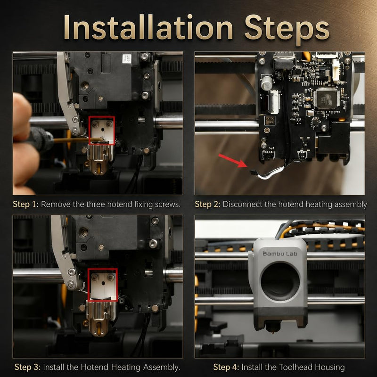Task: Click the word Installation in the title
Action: [148, 27]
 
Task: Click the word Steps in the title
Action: [287, 29]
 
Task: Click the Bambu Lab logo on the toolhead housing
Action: [280, 254]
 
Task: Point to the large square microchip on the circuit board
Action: [327, 98]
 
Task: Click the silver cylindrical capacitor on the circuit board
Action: [267, 82]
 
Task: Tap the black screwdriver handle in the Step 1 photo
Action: [41, 139]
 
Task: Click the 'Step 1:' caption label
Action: [25, 204]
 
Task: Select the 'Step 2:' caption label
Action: [207, 204]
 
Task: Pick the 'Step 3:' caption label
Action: [27, 367]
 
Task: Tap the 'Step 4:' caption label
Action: [226, 367]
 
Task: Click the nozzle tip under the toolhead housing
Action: [273, 333]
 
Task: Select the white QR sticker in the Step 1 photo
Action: [127, 58]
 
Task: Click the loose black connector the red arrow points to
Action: [253, 172]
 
